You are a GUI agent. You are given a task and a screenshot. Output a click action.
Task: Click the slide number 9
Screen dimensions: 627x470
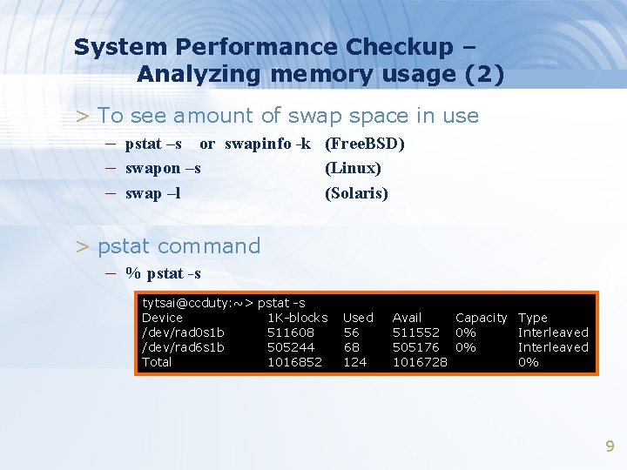(610, 446)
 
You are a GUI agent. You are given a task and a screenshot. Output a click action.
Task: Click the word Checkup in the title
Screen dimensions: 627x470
(399, 46)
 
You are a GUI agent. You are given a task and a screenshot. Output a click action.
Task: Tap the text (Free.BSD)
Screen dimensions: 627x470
(365, 143)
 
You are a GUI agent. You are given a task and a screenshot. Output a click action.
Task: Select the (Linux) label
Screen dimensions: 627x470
(353, 167)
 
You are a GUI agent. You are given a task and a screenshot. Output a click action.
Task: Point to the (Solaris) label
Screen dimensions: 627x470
(356, 193)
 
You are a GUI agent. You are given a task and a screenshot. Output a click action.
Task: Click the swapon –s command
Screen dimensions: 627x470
(163, 167)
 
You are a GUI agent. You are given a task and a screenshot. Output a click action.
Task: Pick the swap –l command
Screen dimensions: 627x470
(153, 193)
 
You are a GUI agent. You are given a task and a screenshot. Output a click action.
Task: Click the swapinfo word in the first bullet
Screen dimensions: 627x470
(259, 143)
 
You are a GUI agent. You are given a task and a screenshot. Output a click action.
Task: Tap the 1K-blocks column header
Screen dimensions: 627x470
(297, 318)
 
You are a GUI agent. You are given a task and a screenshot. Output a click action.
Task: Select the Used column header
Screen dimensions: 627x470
(358, 318)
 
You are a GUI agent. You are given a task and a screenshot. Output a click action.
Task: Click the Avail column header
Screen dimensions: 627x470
(407, 318)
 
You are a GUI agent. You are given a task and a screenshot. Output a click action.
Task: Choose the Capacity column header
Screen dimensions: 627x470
(481, 318)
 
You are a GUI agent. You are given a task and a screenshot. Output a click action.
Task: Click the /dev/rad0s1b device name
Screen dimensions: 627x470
(183, 332)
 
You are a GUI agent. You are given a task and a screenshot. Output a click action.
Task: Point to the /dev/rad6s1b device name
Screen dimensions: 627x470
(183, 347)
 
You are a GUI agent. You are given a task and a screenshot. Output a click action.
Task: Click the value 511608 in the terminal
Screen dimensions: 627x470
(291, 332)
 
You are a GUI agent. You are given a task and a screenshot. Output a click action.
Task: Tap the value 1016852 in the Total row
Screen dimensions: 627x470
(294, 362)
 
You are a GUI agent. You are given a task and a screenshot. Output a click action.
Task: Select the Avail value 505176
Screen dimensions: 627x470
(416, 347)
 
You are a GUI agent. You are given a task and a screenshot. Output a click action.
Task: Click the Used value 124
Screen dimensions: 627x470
(354, 362)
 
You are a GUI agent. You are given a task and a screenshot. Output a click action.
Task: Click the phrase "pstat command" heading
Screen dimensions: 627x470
(179, 245)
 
